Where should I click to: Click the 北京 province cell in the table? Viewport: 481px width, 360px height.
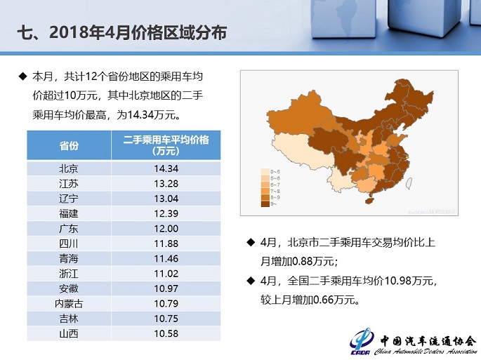69,168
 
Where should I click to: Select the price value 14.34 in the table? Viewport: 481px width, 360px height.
166,168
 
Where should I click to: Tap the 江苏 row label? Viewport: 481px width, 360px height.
69,183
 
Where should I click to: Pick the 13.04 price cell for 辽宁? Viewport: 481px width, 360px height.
166,198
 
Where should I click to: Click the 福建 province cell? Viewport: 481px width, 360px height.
69,213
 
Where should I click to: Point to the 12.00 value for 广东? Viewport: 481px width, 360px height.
166,228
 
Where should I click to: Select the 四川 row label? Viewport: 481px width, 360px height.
69,244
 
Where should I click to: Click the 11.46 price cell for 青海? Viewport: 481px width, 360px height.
166,258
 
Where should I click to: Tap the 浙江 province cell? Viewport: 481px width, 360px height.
69,273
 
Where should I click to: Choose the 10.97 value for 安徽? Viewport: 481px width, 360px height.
166,288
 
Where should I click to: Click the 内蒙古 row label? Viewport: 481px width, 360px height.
69,303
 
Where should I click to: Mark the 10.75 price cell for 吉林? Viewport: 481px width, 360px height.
166,318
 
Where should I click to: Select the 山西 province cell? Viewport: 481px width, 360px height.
69,333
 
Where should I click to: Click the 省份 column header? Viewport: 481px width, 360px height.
69,145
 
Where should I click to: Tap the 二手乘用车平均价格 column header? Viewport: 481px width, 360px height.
166,145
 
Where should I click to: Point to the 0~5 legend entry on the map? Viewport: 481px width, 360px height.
269,171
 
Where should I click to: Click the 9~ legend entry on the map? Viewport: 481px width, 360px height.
268,204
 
